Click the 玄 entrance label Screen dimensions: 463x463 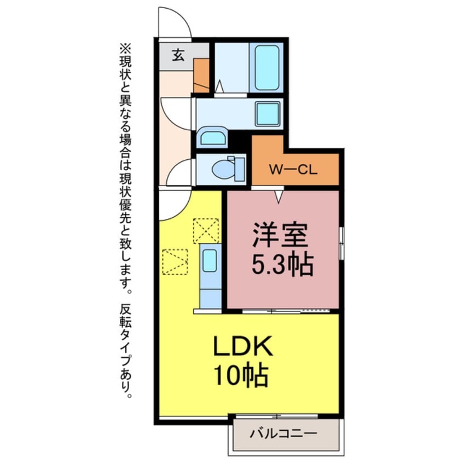pos(178,55)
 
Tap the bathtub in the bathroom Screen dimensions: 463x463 pos(267,68)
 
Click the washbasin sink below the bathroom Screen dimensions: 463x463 pos(213,137)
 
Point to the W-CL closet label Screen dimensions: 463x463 pos(292,170)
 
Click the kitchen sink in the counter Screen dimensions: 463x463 pos(210,262)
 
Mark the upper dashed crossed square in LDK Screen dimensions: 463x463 pos(205,231)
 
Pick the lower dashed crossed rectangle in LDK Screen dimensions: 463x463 pos(175,262)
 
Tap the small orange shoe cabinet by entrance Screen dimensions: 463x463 pos(202,74)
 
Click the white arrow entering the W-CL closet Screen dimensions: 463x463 pos(280,195)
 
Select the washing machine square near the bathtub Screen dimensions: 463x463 pos(268,114)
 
